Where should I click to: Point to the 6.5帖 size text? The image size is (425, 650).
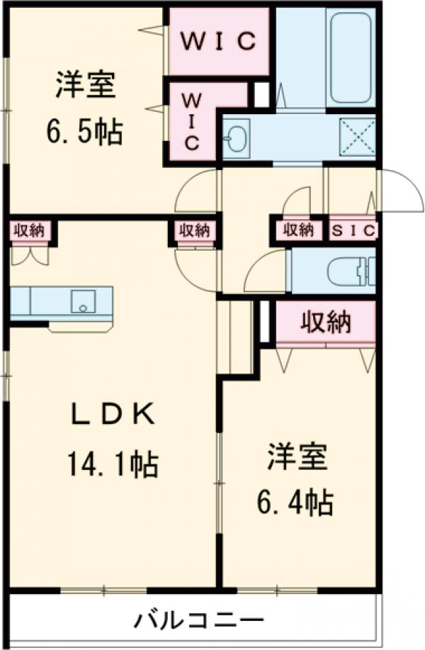pyautogui.click(x=84, y=131)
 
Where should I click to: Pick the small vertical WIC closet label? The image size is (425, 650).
pyautogui.click(x=192, y=121)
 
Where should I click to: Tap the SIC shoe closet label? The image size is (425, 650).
pyautogui.click(x=354, y=230)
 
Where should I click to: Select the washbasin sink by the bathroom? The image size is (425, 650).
pyautogui.click(x=236, y=135)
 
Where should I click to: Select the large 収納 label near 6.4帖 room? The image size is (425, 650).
pyautogui.click(x=325, y=323)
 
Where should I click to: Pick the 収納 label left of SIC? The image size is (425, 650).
pyautogui.click(x=298, y=230)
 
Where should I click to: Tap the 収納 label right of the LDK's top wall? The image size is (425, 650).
pyautogui.click(x=194, y=230)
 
